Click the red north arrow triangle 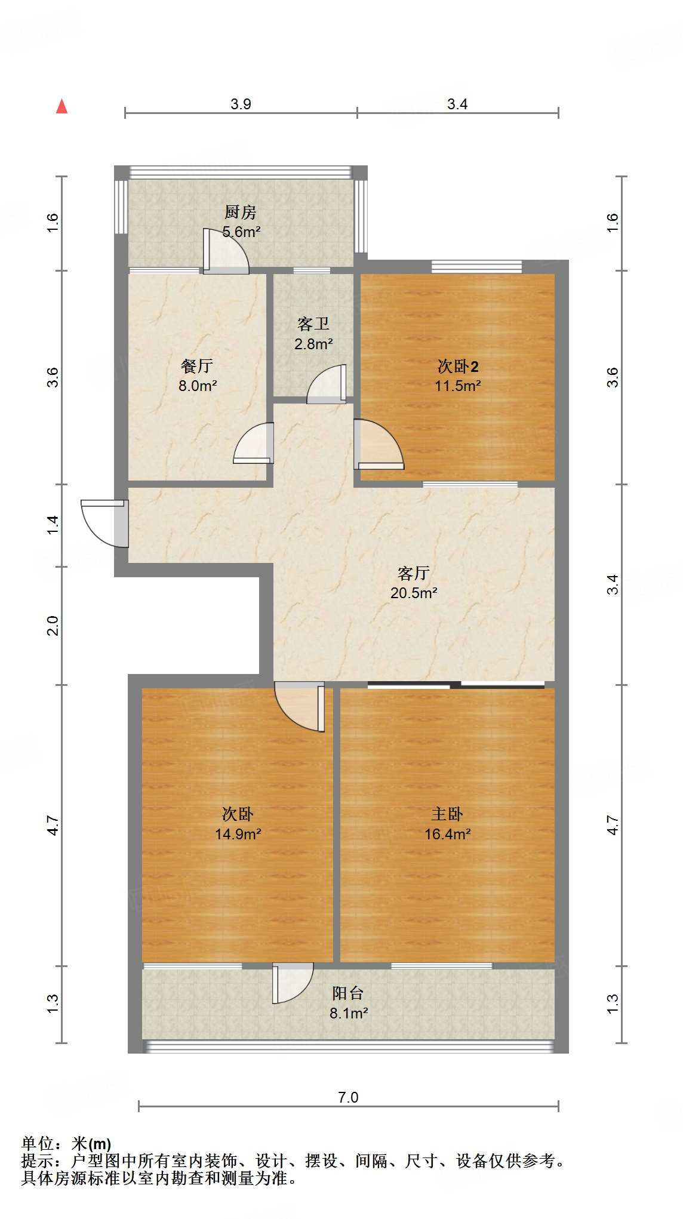(61, 106)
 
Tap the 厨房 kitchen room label (241, 212)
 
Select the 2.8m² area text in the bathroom (313, 344)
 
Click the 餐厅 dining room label (197, 366)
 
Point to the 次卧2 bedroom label (458, 366)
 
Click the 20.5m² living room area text (414, 593)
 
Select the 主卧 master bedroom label (447, 814)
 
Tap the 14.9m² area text (238, 834)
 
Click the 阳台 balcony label (348, 993)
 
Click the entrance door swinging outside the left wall (103, 522)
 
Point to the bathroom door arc (326, 384)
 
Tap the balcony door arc (293, 983)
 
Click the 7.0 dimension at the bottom (348, 1097)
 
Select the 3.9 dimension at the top (241, 104)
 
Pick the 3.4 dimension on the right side (613, 584)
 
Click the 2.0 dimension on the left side (53, 625)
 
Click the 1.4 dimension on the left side (53, 524)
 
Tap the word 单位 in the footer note (38, 1144)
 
